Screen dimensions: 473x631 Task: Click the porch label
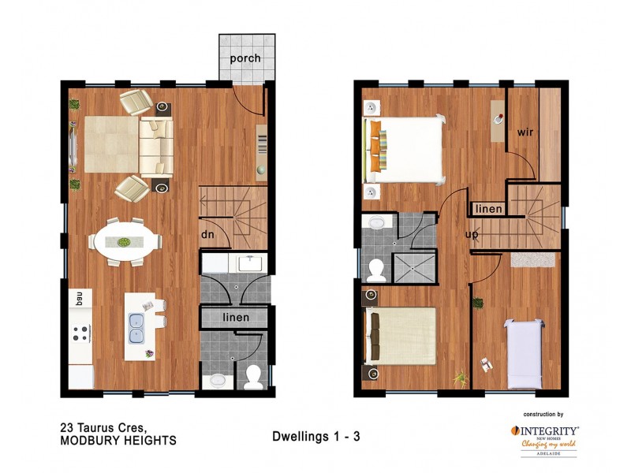pos(245,59)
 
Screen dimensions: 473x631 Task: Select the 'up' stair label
pos(472,235)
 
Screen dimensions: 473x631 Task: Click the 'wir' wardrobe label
pos(526,132)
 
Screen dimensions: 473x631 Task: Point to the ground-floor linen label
pos(236,317)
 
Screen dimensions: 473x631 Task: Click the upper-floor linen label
pos(487,208)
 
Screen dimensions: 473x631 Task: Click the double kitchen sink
pos(136,328)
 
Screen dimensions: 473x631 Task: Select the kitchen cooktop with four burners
pos(80,333)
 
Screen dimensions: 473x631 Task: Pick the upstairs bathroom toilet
pos(377,270)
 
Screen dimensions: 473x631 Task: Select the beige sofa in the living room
pos(156,147)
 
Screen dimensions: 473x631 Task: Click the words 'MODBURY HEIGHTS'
pos(118,441)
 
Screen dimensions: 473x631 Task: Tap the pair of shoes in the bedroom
pos(484,363)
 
